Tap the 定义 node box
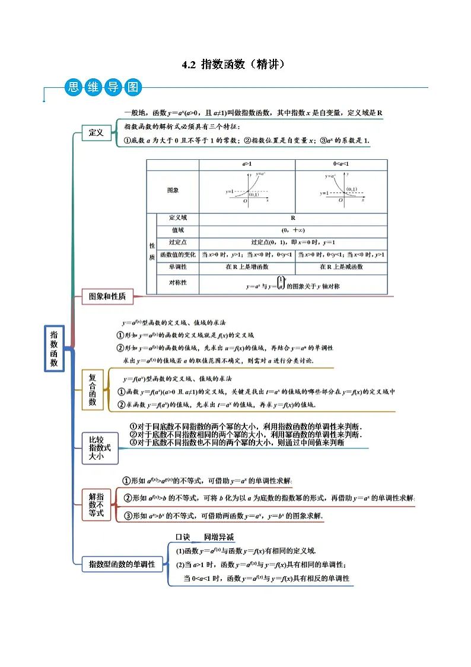pos(96,133)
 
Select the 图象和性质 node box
pos(107,296)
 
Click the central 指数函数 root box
pos(54,347)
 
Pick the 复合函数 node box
pos(92,389)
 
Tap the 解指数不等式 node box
pos(96,504)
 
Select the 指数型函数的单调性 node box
pos(122,564)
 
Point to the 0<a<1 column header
pos(340,165)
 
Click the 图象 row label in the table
pos(173,191)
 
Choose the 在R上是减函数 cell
pos(340,267)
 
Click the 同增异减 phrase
pos(218,537)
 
